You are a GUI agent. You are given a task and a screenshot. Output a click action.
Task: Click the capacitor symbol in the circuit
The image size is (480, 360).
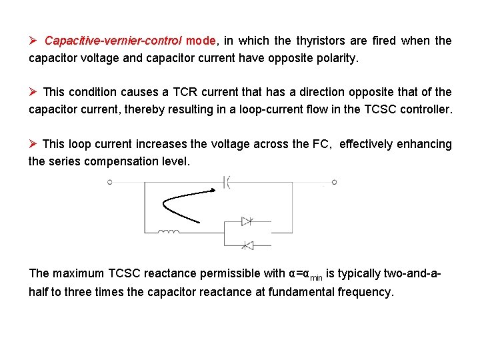pos(226,181)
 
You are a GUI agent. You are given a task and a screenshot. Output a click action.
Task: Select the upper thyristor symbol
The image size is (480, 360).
pos(247,221)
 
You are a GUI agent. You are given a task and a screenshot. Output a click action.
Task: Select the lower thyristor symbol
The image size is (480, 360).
pos(247,245)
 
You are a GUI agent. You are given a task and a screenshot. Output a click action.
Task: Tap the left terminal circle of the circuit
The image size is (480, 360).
pos(110,181)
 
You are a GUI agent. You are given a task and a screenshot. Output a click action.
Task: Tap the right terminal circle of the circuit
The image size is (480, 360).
pos(334,181)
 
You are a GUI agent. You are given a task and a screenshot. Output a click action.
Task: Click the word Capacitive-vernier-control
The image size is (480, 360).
pos(114,41)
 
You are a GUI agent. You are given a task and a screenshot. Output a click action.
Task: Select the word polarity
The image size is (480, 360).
pos(334,58)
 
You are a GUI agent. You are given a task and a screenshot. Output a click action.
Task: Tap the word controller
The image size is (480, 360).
pos(426,109)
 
